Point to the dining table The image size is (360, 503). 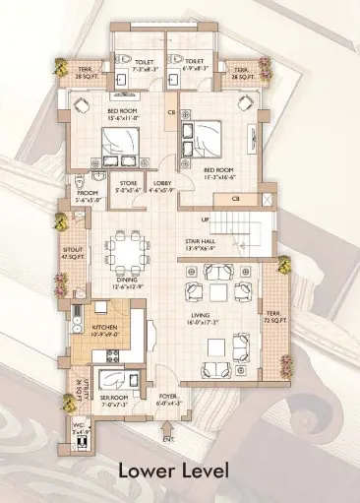(x=126, y=252)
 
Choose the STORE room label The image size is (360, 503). (x=128, y=183)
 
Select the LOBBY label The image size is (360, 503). (x=163, y=183)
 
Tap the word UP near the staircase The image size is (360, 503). (x=205, y=219)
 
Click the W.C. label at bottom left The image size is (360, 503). (x=81, y=427)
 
